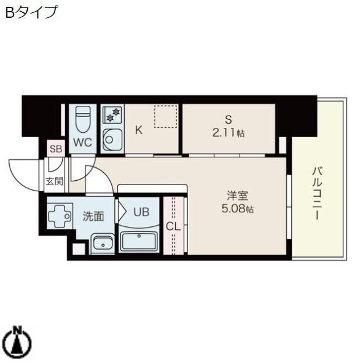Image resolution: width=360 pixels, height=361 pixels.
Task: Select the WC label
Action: click(82, 143)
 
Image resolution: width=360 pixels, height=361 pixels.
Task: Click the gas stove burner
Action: click(113, 115)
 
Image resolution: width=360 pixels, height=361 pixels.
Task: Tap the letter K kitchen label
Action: click(139, 130)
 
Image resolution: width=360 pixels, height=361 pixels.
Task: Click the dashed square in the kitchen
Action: click(165, 116)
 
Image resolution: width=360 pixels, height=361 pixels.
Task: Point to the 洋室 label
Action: click(237, 197)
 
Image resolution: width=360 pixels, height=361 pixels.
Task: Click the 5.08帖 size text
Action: click(237, 209)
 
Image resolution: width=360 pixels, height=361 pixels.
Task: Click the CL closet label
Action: click(173, 226)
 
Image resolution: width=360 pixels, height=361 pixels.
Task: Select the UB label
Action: click(141, 212)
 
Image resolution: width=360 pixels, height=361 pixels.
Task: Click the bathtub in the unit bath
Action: click(139, 241)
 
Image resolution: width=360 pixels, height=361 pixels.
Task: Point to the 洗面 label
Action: click(93, 216)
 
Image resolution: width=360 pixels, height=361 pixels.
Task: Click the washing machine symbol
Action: click(60, 216)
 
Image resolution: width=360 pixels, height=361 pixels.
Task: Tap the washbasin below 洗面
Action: click(103, 243)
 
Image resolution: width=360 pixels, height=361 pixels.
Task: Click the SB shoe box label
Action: click(56, 148)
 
